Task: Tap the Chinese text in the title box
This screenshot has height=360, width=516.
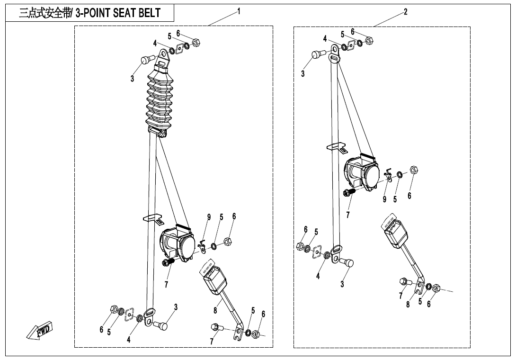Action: click(44, 13)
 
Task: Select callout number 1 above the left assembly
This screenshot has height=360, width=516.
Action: click(239, 10)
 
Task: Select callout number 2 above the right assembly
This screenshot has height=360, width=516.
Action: click(405, 11)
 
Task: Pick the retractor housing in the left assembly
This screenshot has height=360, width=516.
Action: click(177, 243)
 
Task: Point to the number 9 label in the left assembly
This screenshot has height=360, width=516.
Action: click(208, 217)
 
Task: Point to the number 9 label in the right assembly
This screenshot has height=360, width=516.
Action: click(385, 199)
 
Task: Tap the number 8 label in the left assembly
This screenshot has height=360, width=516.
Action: click(215, 311)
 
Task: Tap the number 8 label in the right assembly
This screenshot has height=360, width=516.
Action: click(408, 305)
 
